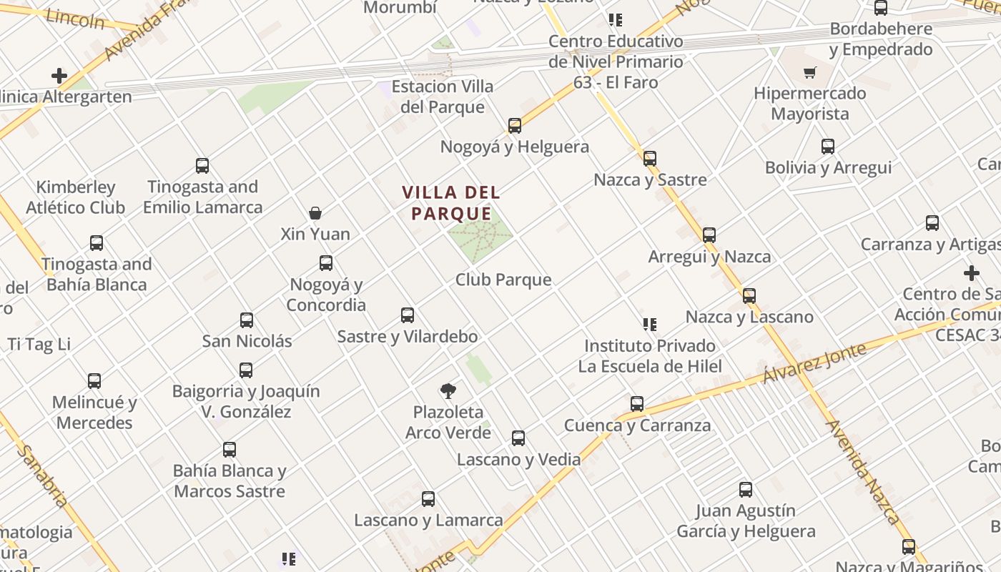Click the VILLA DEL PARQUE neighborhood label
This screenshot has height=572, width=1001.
click(x=450, y=203)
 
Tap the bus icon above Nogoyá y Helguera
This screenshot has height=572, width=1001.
click(x=514, y=126)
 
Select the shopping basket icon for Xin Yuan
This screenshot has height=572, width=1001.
click(x=315, y=212)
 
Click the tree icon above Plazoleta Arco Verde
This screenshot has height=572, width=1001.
click(x=448, y=391)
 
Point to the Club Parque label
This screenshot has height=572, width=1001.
click(x=503, y=280)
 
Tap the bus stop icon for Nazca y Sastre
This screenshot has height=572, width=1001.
click(x=649, y=158)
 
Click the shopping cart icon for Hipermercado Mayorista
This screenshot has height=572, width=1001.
click(x=809, y=72)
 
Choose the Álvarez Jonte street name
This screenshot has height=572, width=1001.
click(x=814, y=363)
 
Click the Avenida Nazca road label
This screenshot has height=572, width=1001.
click(x=863, y=471)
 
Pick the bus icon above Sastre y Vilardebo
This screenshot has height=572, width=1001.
click(x=408, y=315)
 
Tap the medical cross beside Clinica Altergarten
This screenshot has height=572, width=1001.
click(x=59, y=75)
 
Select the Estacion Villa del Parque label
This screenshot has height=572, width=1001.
click(x=443, y=97)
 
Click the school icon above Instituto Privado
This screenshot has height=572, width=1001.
click(x=649, y=325)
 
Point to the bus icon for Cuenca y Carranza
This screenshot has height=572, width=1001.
click(x=637, y=403)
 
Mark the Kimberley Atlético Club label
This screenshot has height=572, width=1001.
click(x=76, y=197)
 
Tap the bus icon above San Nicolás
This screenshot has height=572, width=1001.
click(x=247, y=320)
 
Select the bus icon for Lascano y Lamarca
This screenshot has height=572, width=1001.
click(x=428, y=498)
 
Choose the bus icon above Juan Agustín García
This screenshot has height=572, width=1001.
click(x=746, y=490)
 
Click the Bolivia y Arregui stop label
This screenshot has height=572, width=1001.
click(x=828, y=167)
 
